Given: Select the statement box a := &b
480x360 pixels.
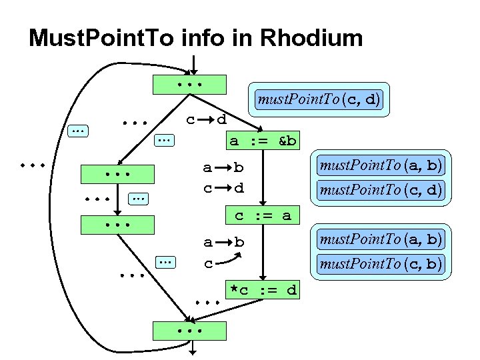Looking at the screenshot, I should pyautogui.click(x=263, y=141).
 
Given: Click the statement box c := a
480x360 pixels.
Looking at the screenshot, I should pyautogui.click(x=263, y=216).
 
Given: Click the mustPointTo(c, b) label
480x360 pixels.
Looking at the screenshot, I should pyautogui.click(x=380, y=264).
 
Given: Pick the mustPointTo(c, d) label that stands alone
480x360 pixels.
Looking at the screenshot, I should pyautogui.click(x=319, y=100).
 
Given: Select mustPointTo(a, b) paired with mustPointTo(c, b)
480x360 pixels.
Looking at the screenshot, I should pyautogui.click(x=380, y=239).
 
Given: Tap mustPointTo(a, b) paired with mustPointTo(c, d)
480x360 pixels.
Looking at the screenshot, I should pyautogui.click(x=380, y=164).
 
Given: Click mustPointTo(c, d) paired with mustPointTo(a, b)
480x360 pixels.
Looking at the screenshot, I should pyautogui.click(x=380, y=189).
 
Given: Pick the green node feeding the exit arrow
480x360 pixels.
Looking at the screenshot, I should pyautogui.click(x=189, y=331).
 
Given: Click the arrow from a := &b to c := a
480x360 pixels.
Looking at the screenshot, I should pyautogui.click(x=263, y=179).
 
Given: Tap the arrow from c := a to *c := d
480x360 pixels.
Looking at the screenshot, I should pyautogui.click(x=263, y=253).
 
